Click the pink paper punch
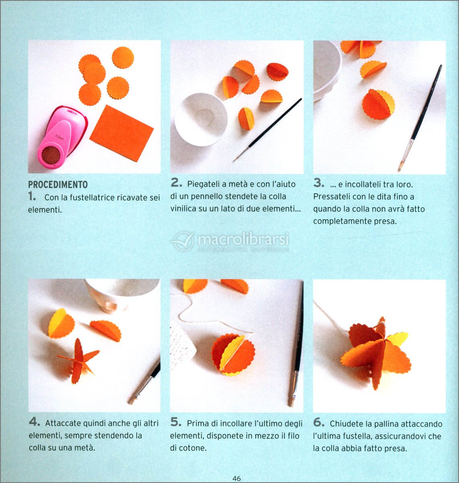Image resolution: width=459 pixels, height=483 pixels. click(62, 138)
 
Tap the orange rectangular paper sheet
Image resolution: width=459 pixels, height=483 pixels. click(121, 133)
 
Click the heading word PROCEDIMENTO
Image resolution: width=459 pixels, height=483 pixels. click(58, 184)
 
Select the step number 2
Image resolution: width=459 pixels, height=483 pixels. click(177, 183)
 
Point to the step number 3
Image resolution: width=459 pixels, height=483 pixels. click(319, 183)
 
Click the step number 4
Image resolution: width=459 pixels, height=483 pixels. click(34, 422)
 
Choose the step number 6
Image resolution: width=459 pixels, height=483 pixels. click(319, 422)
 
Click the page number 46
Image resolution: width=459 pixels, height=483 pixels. click(237, 478)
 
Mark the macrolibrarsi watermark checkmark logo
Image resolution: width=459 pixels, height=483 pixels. click(184, 241)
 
